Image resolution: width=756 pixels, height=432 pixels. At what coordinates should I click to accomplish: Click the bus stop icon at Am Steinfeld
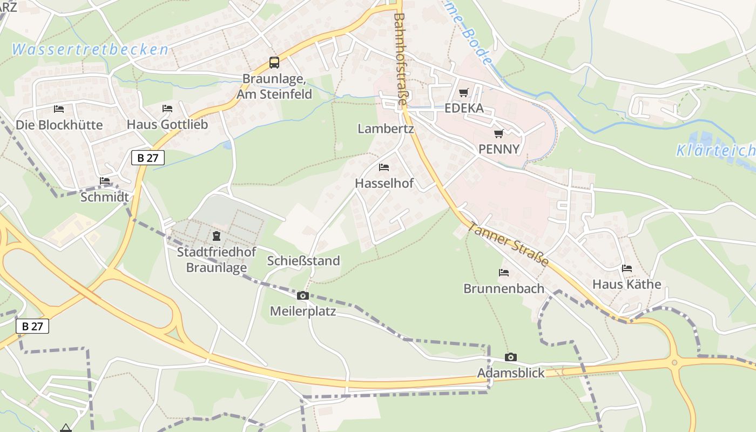(x=274, y=63)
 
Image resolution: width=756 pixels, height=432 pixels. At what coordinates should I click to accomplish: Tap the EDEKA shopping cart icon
(x=463, y=93)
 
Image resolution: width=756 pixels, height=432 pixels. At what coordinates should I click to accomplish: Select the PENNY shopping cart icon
(x=498, y=133)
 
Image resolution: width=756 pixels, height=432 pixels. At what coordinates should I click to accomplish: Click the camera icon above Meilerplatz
(x=303, y=295)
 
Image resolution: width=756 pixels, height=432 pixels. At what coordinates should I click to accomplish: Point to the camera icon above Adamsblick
(x=510, y=357)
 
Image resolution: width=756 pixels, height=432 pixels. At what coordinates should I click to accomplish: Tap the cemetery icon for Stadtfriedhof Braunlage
(x=216, y=236)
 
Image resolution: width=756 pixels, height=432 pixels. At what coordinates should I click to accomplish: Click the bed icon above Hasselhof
(x=384, y=167)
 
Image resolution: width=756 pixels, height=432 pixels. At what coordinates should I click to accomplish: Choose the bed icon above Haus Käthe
(x=626, y=268)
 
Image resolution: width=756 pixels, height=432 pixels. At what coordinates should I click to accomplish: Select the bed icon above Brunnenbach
(x=504, y=273)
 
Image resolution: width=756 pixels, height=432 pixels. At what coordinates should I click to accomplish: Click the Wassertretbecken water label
(x=90, y=50)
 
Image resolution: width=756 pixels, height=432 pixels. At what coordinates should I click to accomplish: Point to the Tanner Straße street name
(x=508, y=244)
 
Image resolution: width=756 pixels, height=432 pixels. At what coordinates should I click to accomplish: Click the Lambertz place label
(x=386, y=129)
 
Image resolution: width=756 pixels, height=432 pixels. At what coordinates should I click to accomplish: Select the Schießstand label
(x=303, y=261)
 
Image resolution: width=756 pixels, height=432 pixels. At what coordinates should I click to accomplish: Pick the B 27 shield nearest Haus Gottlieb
(x=147, y=158)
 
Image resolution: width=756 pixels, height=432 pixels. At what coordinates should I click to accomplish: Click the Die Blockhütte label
(x=59, y=125)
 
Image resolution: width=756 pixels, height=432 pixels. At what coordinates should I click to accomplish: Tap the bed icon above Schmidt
(x=105, y=181)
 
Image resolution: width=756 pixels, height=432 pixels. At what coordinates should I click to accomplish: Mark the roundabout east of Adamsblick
(x=674, y=363)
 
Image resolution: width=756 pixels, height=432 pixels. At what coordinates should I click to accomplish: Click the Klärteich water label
(x=715, y=151)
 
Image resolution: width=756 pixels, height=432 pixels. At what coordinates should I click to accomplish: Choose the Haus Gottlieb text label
(x=167, y=124)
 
